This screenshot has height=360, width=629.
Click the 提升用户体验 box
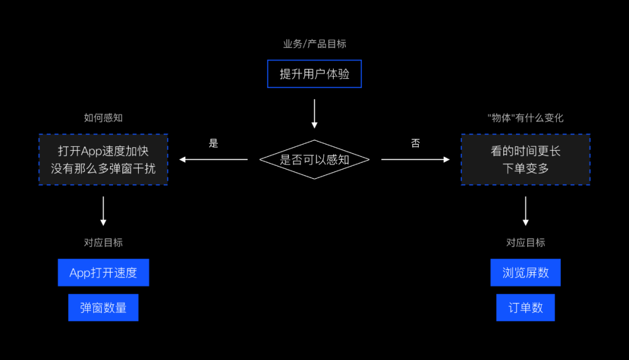(314, 74)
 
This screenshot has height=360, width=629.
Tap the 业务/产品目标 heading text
(314, 44)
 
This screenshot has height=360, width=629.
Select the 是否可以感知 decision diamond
(314, 160)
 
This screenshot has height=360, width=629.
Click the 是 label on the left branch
(214, 143)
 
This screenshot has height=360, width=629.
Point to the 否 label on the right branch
(415, 143)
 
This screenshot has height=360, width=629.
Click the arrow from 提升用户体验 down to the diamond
(314, 114)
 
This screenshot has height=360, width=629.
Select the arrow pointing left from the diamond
(214, 160)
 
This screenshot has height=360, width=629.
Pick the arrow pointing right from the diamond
(415, 160)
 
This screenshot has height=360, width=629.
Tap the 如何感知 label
(103, 118)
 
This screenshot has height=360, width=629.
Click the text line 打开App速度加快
(103, 151)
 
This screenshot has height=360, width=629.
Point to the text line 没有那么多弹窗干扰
(103, 169)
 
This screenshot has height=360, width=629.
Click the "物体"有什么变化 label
(525, 118)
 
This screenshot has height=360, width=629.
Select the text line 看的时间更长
(525, 151)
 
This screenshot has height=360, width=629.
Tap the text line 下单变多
(525, 169)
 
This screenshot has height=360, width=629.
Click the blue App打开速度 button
(103, 273)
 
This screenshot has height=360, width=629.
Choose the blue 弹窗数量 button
(103, 308)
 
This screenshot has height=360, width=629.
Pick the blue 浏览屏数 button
(525, 273)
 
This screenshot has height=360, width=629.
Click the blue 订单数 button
(525, 308)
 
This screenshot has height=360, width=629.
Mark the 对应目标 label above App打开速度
(103, 243)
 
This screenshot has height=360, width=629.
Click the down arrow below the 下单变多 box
(525, 211)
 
